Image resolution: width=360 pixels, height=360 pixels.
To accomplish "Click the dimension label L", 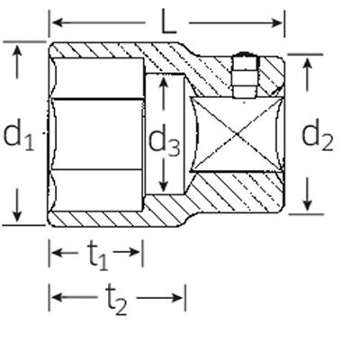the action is click(168, 21).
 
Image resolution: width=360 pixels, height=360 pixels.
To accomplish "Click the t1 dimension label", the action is click(97, 256).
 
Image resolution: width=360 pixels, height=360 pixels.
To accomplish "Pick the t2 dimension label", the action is click(116, 300).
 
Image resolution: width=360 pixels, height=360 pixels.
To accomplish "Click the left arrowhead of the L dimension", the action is click(58, 22).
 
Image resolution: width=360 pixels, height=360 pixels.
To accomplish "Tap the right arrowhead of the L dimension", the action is click(276, 22).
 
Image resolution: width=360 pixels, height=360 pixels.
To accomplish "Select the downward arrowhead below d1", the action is click(17, 217).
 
